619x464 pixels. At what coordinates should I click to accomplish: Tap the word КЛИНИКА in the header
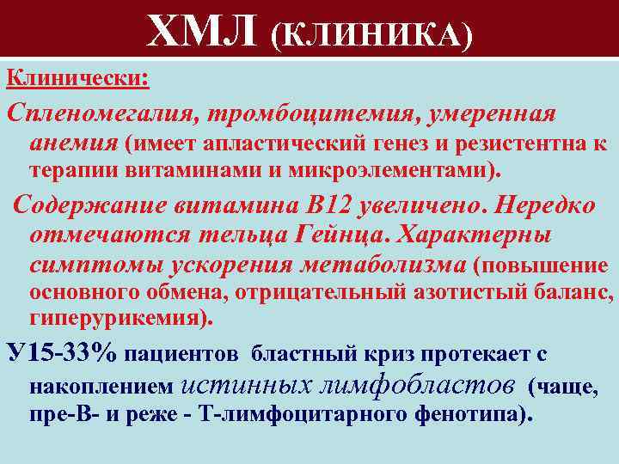click(x=371, y=34)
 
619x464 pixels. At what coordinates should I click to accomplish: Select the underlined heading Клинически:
click(x=78, y=78)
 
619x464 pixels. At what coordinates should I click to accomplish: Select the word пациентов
click(x=184, y=353)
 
